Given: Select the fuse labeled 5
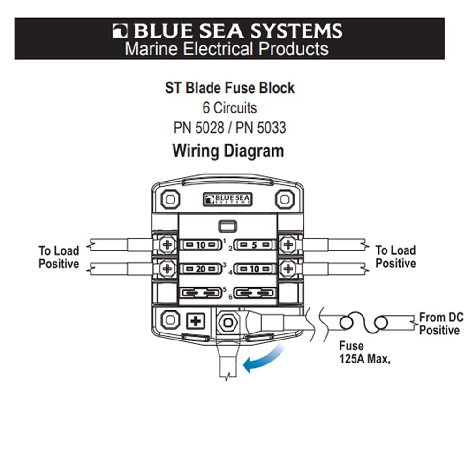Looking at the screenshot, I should coord(254,244).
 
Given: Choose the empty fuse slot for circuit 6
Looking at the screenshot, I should coord(254,294).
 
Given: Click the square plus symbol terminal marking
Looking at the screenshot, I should coord(196,321).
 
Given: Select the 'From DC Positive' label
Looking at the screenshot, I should coord(440,324).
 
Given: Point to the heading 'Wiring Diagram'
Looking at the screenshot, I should coord(228,151).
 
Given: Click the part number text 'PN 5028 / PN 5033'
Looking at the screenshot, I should coord(229,128).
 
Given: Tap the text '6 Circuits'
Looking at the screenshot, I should coord(229,108).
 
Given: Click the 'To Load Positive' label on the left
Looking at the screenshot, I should coord(59,257).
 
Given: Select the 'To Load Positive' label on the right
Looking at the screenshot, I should coord(395,257).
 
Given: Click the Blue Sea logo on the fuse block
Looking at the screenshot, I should coord(227,199).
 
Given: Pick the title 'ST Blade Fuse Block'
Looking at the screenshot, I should coord(229,88).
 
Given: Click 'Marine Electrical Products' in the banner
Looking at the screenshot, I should coord(227,49).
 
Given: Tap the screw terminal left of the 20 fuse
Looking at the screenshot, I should coord(166,268).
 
